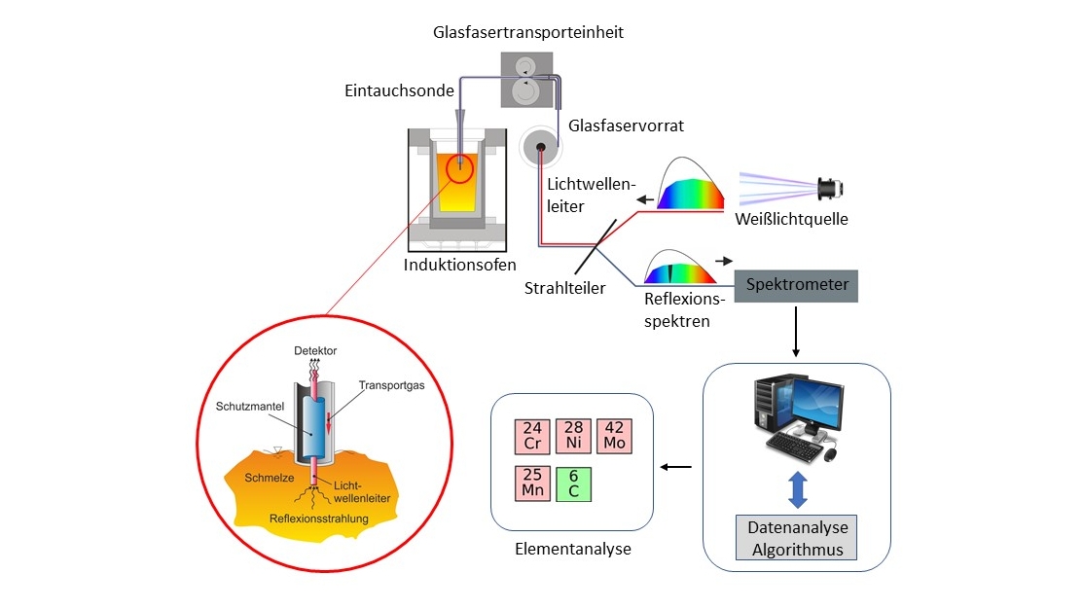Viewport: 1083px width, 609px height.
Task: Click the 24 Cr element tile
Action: pos(531,436)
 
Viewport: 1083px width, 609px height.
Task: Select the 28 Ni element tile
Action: pos(572,436)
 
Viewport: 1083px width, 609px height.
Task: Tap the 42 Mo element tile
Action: pos(614,436)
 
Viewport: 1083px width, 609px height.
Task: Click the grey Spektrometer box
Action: pos(797,285)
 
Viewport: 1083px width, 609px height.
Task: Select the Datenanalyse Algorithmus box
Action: pos(797,538)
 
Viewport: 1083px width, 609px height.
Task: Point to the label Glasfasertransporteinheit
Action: pos(527,33)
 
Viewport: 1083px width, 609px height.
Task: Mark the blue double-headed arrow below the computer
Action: pos(797,488)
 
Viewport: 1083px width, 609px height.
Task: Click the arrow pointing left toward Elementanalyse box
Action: pos(676,467)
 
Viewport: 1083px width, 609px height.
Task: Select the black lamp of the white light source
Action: pos(830,185)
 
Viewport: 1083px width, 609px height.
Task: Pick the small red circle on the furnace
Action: pos(459,169)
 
